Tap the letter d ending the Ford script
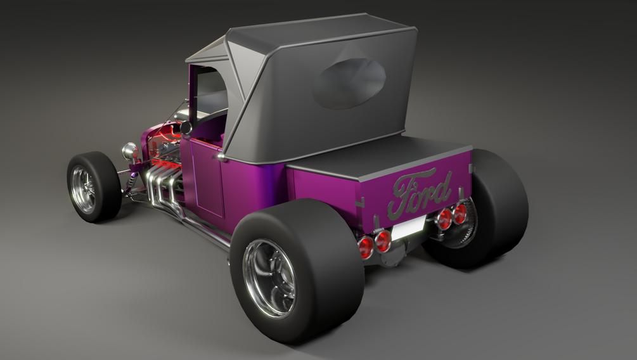click(x=444, y=188)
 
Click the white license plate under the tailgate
click(x=408, y=228)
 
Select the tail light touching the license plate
click(x=383, y=241)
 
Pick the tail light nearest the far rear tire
click(x=460, y=214)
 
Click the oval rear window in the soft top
click(x=349, y=83)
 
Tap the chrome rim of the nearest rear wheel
click(x=269, y=278)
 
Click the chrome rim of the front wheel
click(x=83, y=190)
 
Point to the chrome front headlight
click(x=130, y=151)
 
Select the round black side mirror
click(x=186, y=127)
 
